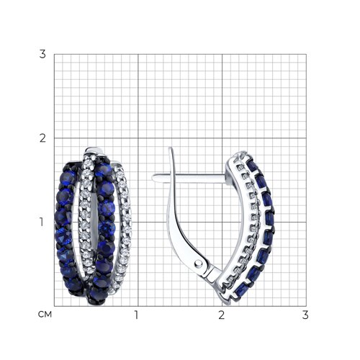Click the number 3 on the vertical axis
(42, 55)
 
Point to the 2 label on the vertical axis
(42, 138)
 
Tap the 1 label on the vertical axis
(42, 222)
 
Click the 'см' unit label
(45, 315)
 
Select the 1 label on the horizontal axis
(137, 315)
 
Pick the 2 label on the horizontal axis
(222, 315)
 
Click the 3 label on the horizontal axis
(305, 315)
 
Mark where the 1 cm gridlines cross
(138, 222)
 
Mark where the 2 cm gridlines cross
(222, 138)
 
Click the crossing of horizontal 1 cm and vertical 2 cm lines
(222, 222)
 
